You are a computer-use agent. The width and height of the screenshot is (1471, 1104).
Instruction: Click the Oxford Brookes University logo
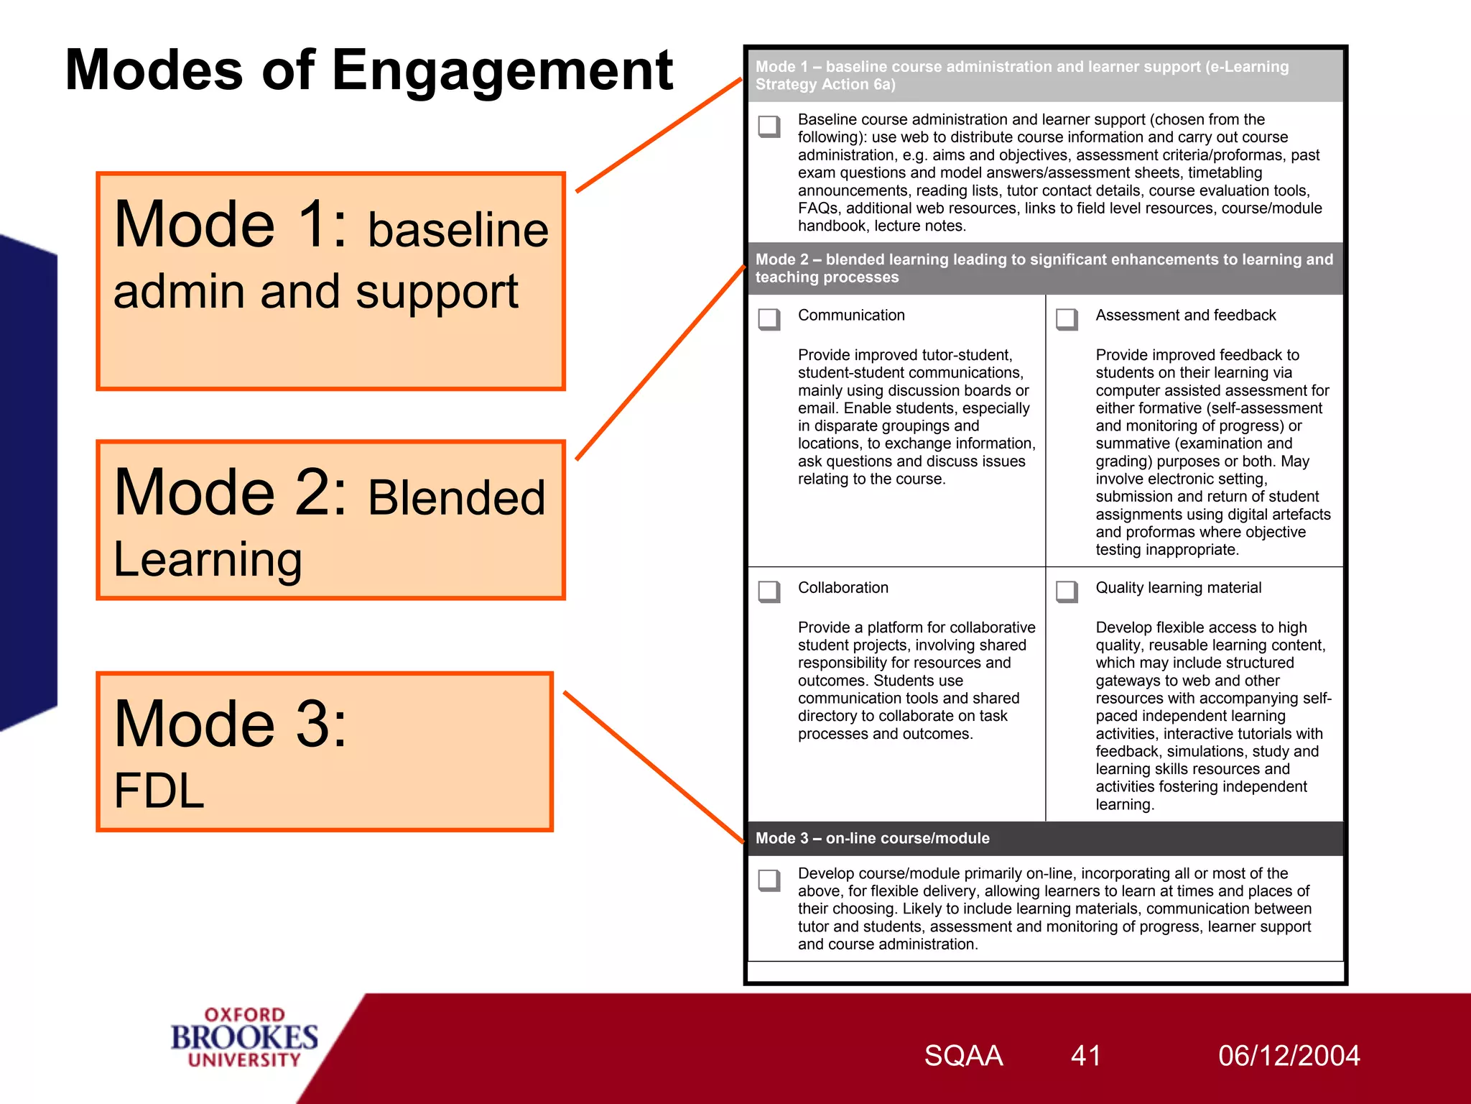pos(244,1038)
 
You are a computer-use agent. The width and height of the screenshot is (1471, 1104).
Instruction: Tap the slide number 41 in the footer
pos(1085,1056)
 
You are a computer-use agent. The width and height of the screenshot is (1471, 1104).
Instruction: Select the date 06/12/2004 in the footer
pos(1289,1056)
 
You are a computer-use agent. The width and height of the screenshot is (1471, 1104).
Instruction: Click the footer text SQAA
pos(963,1056)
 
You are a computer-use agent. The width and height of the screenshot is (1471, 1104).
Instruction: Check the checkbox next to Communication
pos(769,318)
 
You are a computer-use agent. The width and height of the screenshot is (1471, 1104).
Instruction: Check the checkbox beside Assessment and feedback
pos(1067,318)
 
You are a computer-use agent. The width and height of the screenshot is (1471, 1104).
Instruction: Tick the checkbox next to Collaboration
pos(769,591)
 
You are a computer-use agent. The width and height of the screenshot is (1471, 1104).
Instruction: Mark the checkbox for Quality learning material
pos(1067,591)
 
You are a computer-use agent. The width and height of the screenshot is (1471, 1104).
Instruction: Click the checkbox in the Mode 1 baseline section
pos(769,126)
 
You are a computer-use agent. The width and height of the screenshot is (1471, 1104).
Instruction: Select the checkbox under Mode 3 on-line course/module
pos(769,880)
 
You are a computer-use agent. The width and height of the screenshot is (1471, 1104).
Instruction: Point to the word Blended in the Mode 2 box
pos(457,497)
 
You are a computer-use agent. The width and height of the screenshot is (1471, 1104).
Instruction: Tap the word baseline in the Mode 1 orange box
pos(458,230)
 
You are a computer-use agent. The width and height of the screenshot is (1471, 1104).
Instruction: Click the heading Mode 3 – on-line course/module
pos(872,838)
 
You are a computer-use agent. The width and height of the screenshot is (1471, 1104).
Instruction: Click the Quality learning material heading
pos(1178,588)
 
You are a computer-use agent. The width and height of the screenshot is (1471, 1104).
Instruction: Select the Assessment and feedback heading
pos(1185,316)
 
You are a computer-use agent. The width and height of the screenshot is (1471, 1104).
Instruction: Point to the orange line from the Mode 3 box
pos(654,767)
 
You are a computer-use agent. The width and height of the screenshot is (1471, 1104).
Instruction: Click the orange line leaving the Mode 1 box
pos(659,135)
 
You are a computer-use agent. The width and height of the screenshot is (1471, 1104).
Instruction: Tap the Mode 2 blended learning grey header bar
pos(1044,268)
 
